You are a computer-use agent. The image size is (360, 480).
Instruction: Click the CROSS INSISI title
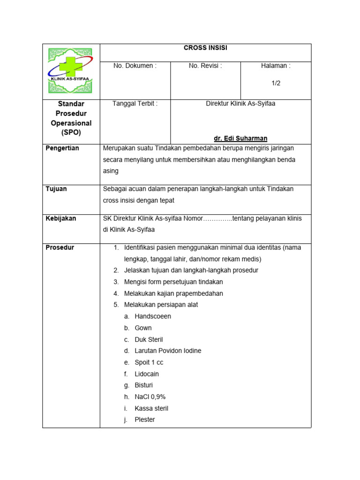pos(205,48)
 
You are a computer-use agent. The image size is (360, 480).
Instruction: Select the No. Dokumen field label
pos(135,66)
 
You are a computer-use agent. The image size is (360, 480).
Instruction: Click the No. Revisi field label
pos(205,66)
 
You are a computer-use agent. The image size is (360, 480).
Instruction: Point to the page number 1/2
pos(276,83)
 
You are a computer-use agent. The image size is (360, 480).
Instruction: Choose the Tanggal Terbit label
pos(135,104)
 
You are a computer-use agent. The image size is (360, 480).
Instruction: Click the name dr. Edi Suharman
pos(240,138)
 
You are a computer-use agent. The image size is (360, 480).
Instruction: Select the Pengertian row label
pos(62,149)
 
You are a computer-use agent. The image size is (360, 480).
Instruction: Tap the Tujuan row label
pos(56,189)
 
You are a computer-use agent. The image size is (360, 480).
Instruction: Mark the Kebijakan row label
pos(61,218)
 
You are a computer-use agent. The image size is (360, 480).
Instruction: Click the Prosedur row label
pos(60,247)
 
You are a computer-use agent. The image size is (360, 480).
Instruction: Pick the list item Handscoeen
pos(152,316)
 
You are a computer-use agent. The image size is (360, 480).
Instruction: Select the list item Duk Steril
pos(149,339)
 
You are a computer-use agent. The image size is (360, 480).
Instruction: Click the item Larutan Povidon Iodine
pos(168,351)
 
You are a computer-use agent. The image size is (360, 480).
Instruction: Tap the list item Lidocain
pos(147,374)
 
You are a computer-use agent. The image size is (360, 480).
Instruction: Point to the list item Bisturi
pos(143,385)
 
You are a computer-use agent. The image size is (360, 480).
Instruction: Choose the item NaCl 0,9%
pos(150,397)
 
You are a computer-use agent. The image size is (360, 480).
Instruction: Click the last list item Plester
pos(144,420)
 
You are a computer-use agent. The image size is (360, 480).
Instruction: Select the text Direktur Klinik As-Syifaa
pos(240,104)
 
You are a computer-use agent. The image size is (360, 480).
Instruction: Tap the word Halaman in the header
pos(276,66)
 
